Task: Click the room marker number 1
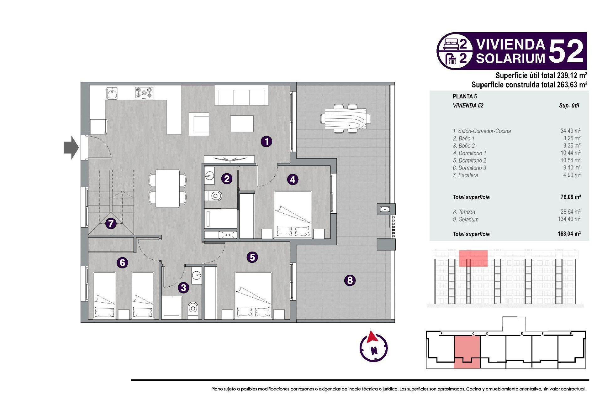[x=267, y=142]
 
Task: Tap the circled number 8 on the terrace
[x=350, y=280]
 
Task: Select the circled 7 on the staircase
[x=111, y=224]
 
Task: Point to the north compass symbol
[x=373, y=347]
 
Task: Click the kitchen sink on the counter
[x=112, y=93]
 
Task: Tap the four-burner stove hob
[x=144, y=93]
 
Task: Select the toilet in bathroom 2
[x=214, y=196]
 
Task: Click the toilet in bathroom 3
[x=193, y=309]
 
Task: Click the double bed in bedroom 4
[x=293, y=215]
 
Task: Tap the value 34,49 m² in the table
[x=570, y=131]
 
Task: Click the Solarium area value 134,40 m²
[x=569, y=219]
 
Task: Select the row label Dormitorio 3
[x=469, y=168]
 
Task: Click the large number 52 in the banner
[x=566, y=51]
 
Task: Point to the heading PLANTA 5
[x=465, y=96]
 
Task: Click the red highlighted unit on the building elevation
[x=473, y=258]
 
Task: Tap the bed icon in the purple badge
[x=451, y=44]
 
